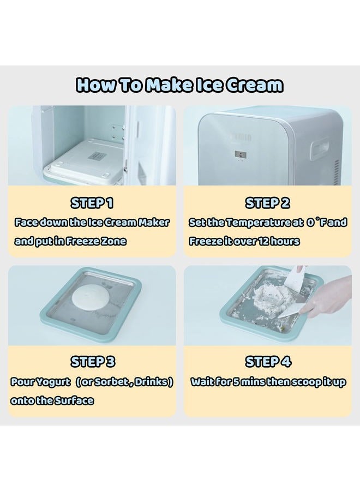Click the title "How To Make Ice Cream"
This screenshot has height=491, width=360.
[x=179, y=85]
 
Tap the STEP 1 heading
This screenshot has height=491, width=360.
[x=92, y=203]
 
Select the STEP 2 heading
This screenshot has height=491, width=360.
[x=268, y=203]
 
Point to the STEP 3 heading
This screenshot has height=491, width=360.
[x=92, y=362]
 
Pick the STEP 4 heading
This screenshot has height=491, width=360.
[x=268, y=362]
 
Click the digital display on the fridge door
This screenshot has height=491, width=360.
[x=242, y=154]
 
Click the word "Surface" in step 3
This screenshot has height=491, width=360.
[x=74, y=400]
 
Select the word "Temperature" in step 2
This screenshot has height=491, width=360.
[x=253, y=223]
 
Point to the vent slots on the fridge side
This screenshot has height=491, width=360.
[x=338, y=164]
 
